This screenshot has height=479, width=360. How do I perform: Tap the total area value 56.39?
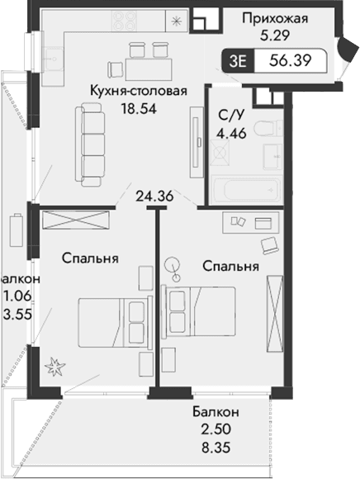(x=290, y=59)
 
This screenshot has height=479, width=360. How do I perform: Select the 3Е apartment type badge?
(x=239, y=59)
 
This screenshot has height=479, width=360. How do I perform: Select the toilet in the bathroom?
(x=264, y=128)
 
